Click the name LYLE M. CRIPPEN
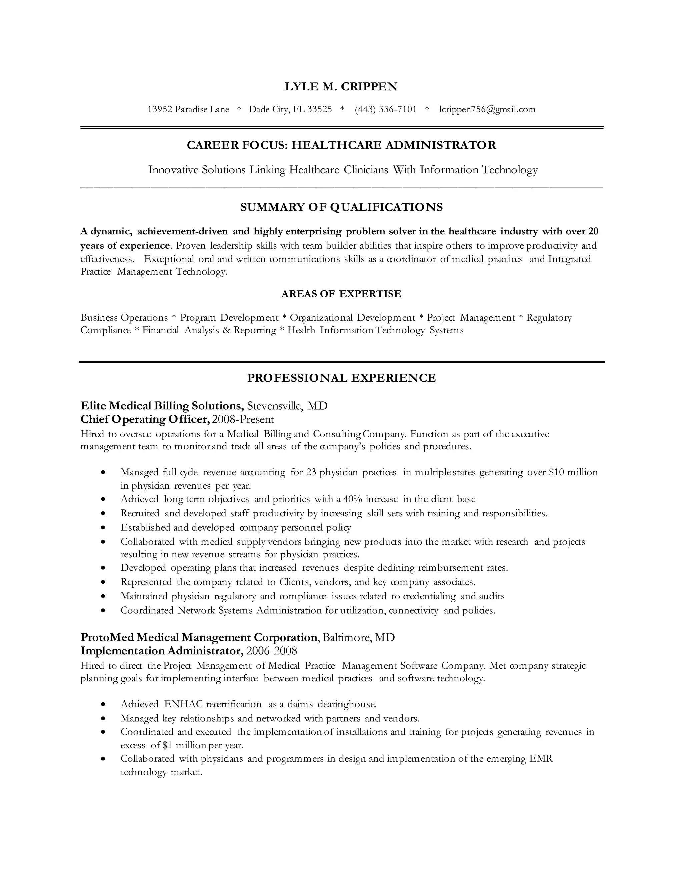click(341, 87)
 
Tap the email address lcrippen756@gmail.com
click(487, 109)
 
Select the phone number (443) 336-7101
click(385, 109)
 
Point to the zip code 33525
click(319, 109)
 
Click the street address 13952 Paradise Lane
click(188, 109)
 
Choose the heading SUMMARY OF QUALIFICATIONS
click(341, 207)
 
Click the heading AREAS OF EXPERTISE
click(341, 294)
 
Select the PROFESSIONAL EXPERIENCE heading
click(341, 378)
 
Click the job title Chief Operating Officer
click(145, 419)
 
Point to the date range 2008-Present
click(243, 419)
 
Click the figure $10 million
click(573, 472)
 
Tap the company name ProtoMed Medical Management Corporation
click(199, 637)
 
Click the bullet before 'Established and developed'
click(104, 528)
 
